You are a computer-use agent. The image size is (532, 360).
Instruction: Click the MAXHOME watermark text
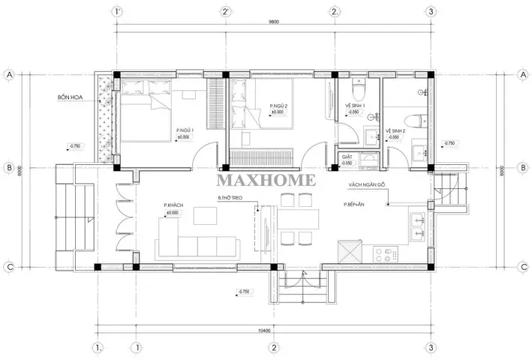[x=266, y=180]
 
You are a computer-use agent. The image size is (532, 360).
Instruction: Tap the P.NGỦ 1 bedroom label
[x=185, y=130]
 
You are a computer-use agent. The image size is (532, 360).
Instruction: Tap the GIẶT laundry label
[x=347, y=156]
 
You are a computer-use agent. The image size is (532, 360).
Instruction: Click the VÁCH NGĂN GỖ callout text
[x=365, y=184]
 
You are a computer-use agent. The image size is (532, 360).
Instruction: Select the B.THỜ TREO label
[x=230, y=197]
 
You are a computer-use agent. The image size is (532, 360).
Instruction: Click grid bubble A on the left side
[x=11, y=75]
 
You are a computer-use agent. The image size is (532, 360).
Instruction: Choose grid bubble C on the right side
[x=522, y=266]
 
